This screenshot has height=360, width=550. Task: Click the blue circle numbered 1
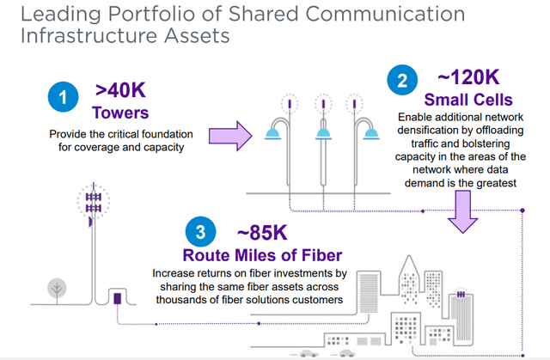click(x=63, y=97)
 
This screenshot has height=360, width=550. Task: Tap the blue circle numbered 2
click(x=402, y=80)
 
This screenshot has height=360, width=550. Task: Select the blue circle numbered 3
click(x=200, y=232)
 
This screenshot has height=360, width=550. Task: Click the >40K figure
click(x=120, y=90)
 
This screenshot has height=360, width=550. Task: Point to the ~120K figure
click(x=468, y=77)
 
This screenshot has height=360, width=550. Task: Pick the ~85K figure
click(x=262, y=233)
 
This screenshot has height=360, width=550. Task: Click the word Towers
click(x=120, y=113)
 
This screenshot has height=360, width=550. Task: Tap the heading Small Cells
click(x=468, y=100)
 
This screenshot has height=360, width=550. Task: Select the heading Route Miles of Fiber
click(x=262, y=255)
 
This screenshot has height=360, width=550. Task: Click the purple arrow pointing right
click(x=230, y=136)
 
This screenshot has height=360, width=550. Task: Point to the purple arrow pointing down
click(x=462, y=211)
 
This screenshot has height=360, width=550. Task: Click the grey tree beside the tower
click(x=57, y=290)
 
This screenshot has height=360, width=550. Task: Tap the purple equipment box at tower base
click(x=118, y=298)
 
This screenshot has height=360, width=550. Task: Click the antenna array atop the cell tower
click(x=94, y=202)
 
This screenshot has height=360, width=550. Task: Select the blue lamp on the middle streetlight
click(x=323, y=133)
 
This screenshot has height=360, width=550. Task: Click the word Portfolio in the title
click(x=164, y=14)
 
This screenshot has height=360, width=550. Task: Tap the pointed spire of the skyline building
click(x=409, y=264)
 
